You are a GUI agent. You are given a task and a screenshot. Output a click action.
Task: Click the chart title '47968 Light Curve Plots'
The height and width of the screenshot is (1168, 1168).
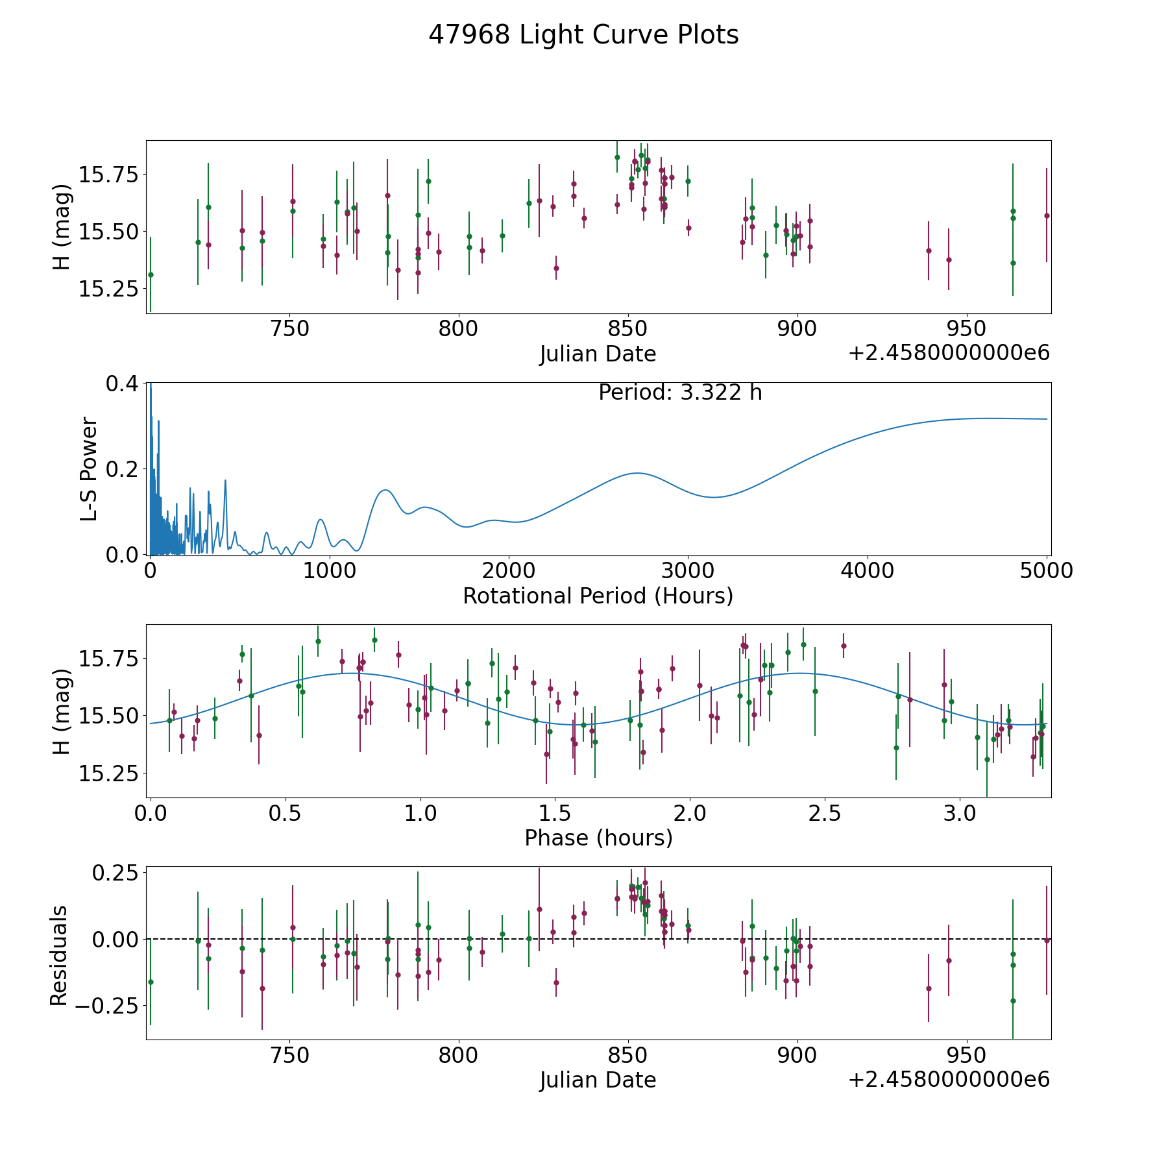[583, 35]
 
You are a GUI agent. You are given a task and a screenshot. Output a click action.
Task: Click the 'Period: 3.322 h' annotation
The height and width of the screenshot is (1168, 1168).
[680, 393]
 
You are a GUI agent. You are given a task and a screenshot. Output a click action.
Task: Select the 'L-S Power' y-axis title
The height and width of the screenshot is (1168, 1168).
[89, 469]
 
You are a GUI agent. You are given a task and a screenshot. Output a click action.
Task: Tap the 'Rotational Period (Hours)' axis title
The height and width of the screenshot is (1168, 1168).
[598, 596]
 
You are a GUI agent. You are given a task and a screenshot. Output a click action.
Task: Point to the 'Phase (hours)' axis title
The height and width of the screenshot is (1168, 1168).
[598, 838]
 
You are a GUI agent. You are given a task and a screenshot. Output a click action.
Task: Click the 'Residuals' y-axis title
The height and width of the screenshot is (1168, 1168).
[59, 955]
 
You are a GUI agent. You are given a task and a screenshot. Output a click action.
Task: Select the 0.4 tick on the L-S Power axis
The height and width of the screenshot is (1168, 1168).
[122, 383]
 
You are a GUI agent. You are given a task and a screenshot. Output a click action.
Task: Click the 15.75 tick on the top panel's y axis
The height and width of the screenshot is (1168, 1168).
[108, 175]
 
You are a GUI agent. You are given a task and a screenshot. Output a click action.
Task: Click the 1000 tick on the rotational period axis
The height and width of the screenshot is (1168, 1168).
[330, 571]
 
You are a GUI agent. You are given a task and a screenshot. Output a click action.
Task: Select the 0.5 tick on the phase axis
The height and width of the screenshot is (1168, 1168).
[286, 813]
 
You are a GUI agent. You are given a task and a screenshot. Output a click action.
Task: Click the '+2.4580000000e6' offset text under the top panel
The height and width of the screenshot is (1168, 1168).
[949, 354]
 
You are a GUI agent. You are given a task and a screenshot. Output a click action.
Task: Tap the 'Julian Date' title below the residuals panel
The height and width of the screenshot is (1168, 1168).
[598, 1080]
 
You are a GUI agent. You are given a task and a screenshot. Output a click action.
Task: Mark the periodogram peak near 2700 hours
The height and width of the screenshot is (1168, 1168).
[637, 473]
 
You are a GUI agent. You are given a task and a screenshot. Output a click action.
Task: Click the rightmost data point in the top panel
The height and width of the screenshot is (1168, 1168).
[1046, 215]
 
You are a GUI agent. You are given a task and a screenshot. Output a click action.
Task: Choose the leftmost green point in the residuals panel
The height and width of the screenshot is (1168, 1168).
[151, 982]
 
